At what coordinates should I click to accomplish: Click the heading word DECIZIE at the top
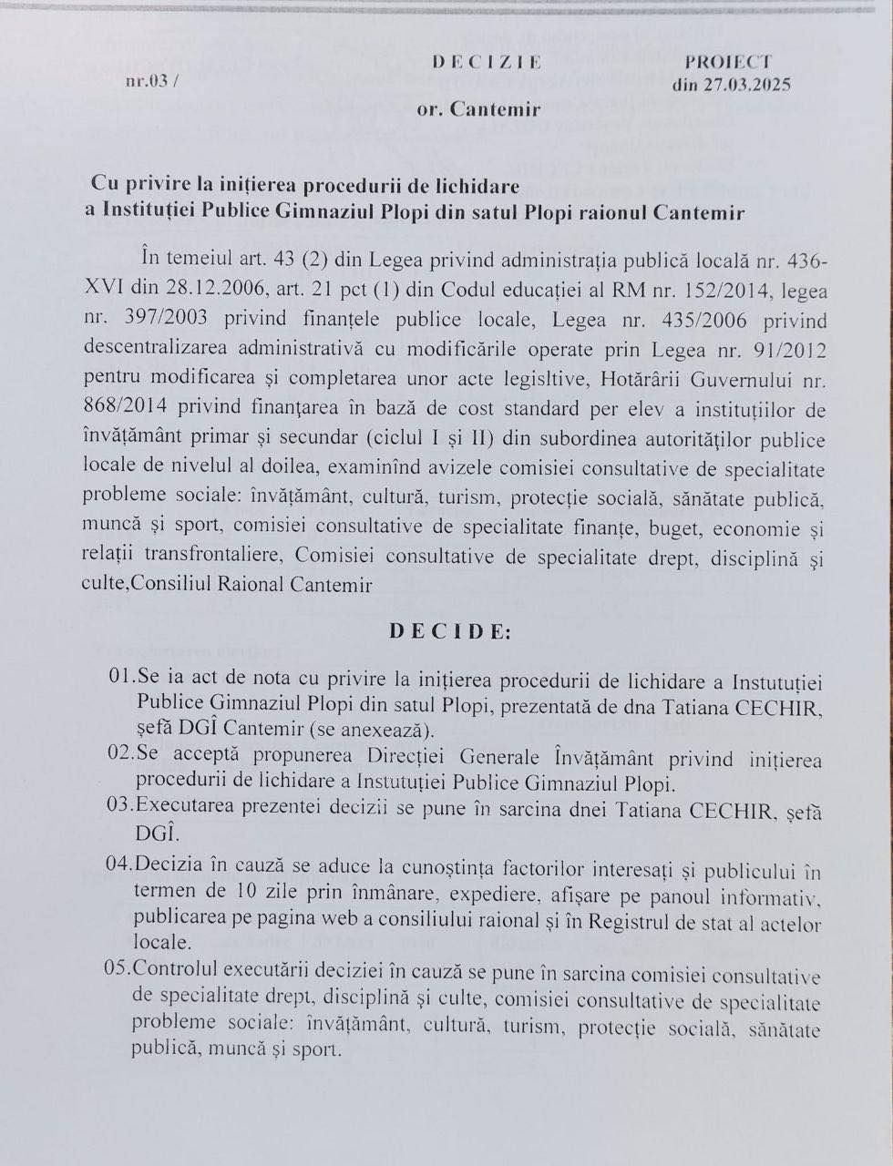click(487, 62)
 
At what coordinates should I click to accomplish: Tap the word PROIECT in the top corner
click(728, 62)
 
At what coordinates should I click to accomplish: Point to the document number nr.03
click(149, 81)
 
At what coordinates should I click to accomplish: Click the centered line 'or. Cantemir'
click(478, 109)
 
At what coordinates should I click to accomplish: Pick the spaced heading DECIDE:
click(449, 631)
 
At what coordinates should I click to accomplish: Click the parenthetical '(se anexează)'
click(362, 730)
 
